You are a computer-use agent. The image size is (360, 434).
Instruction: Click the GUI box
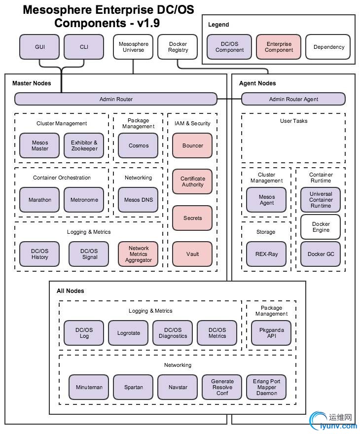tap(39, 47)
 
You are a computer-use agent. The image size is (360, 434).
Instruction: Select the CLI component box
tap(84, 47)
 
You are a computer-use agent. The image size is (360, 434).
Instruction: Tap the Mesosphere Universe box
tap(133, 47)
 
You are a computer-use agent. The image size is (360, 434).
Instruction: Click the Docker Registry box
tap(178, 47)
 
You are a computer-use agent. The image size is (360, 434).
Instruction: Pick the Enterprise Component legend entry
tap(279, 47)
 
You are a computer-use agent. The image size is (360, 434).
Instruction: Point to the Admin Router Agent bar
tap(293, 99)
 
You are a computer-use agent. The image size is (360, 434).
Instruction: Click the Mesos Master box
tap(40, 145)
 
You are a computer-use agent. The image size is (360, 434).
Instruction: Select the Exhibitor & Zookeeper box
tap(84, 145)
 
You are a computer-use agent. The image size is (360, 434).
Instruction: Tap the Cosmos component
tap(138, 145)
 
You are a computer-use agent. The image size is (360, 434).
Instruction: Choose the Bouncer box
tap(192, 145)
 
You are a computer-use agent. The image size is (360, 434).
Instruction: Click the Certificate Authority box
tap(192, 181)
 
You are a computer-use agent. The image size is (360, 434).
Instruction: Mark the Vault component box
tap(192, 254)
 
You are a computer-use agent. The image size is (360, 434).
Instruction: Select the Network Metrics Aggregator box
tap(138, 254)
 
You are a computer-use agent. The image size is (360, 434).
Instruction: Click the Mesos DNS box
tap(138, 200)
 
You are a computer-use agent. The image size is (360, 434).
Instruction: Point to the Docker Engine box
tap(321, 227)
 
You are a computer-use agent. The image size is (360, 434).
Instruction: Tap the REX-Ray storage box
tap(266, 254)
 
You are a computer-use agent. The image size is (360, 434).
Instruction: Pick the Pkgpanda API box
tap(271, 333)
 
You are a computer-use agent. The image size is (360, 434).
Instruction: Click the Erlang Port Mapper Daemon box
tap(266, 387)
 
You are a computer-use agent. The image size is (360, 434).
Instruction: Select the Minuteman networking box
tap(89, 387)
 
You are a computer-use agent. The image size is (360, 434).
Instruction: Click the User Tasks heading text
tap(293, 121)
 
